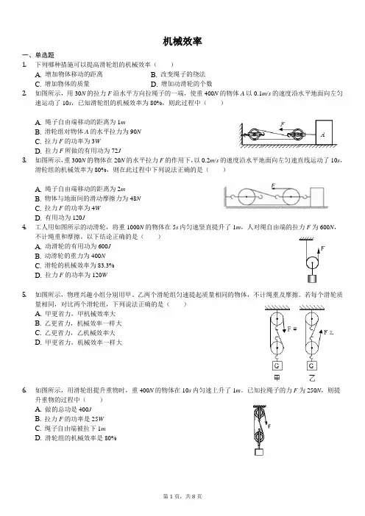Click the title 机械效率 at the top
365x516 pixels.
click(182, 41)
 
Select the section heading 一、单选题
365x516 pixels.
click(38, 55)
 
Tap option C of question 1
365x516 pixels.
click(63, 84)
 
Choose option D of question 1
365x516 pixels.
click(182, 84)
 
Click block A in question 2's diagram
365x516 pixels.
click(324, 132)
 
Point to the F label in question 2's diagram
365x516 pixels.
click(283, 124)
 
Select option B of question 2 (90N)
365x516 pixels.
click(88, 132)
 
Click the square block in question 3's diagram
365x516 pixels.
click(317, 196)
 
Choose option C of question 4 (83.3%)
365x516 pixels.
click(74, 265)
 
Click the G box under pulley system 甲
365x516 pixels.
click(277, 365)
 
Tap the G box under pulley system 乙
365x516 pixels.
click(311, 365)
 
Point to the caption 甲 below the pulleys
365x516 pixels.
click(277, 378)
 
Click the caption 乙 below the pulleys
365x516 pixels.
click(311, 378)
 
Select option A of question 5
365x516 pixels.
click(76, 314)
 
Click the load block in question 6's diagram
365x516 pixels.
click(259, 451)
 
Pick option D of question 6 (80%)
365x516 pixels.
click(76, 438)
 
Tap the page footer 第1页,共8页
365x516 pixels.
click(182, 496)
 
